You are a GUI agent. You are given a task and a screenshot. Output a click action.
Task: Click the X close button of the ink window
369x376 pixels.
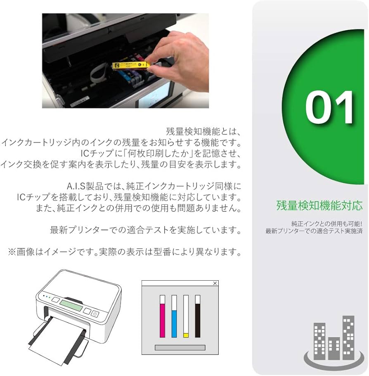coord(215,283)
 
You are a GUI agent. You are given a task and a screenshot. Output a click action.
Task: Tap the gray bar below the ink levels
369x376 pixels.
coord(180,348)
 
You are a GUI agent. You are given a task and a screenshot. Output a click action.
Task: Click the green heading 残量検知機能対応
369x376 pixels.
coord(319,205)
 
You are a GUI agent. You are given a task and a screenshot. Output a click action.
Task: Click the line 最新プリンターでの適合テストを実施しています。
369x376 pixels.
coord(145,230)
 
